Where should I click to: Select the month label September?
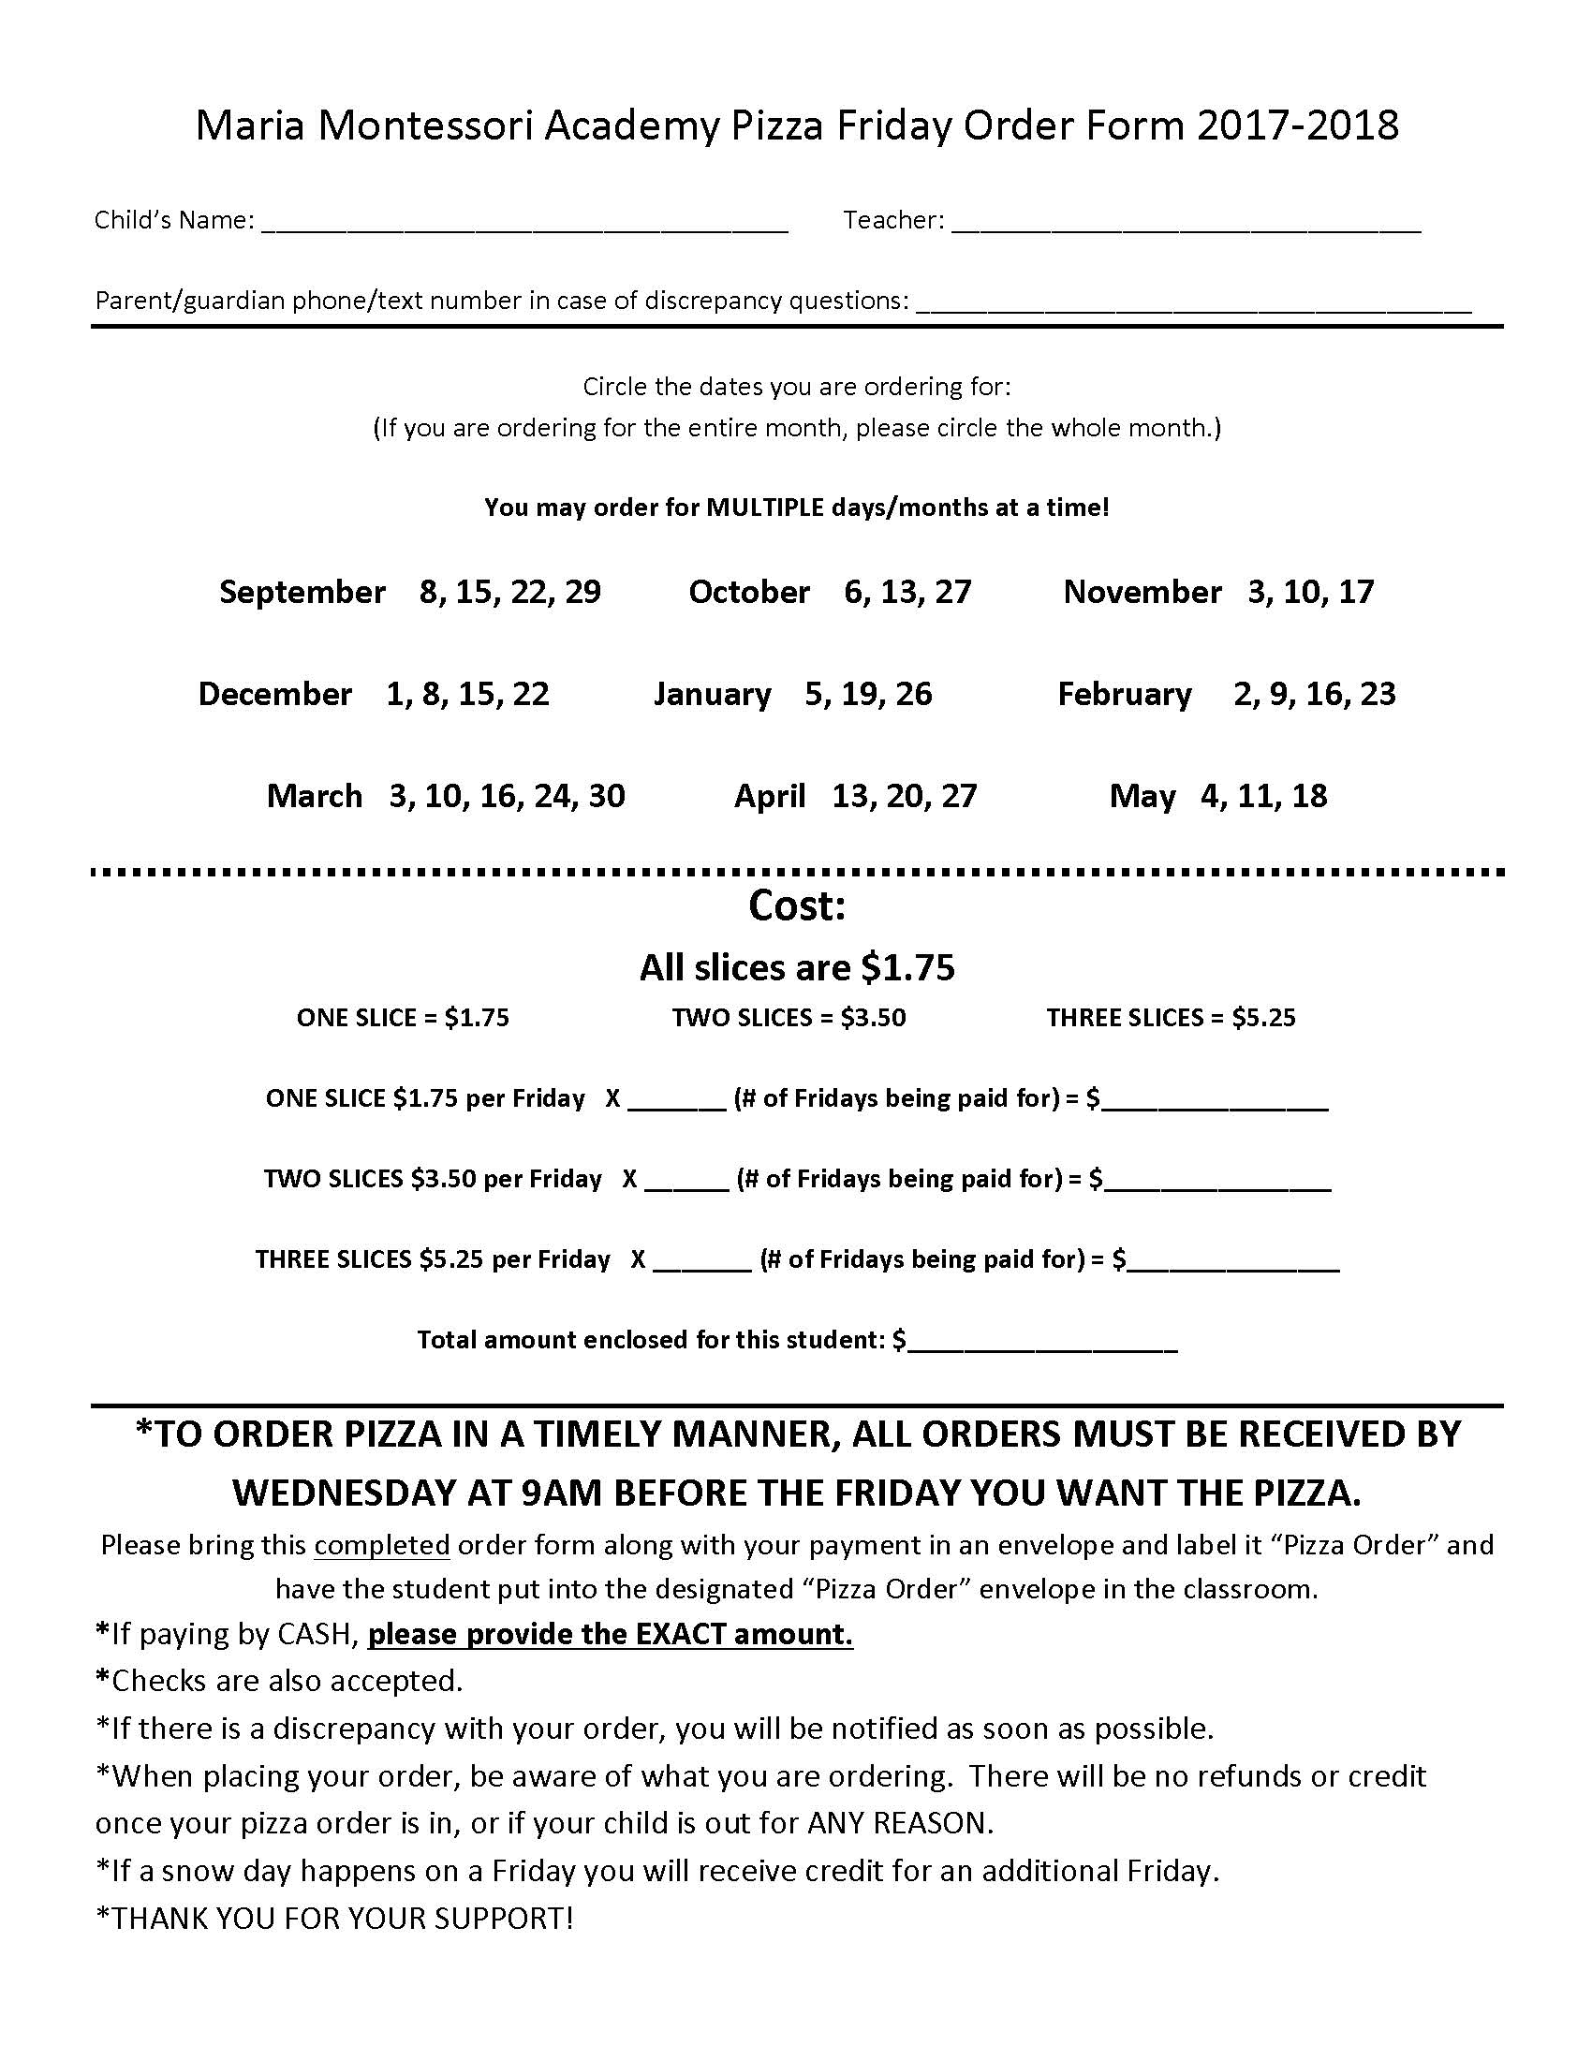point(302,593)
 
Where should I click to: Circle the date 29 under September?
point(582,593)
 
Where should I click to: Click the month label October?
point(749,593)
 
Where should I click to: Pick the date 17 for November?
point(1355,593)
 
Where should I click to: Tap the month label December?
point(274,694)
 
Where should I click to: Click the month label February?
point(1124,694)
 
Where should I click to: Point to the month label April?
point(770,796)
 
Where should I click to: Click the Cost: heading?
point(797,906)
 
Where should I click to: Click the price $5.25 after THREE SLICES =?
point(1264,1018)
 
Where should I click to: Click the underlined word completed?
point(382,1546)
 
